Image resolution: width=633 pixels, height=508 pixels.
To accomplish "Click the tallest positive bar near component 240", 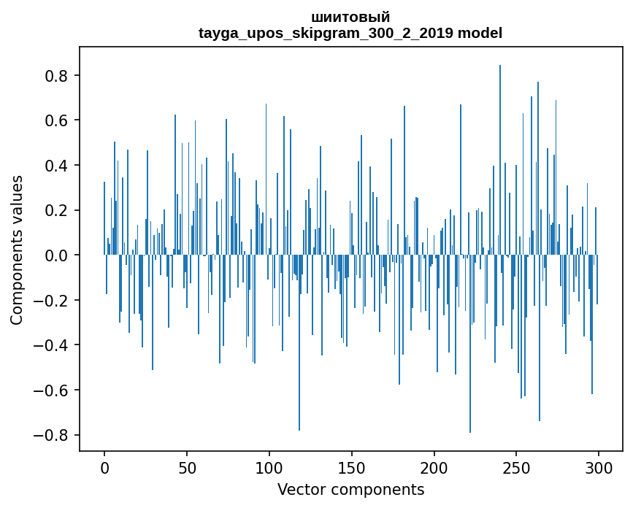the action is pos(500,160).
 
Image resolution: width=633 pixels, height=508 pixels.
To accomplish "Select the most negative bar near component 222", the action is pos(470,344).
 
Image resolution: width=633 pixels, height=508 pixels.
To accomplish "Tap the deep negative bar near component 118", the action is pos(299,342).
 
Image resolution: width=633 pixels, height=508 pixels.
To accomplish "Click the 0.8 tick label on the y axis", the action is pos(56,76).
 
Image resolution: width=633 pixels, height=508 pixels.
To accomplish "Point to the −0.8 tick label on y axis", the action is pos(51,435).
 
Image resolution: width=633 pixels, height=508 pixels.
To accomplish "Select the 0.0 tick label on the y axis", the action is pos(56,255).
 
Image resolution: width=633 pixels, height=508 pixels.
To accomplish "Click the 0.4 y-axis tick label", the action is pos(56,166).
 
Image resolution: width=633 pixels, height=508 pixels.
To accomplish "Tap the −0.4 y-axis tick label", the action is pos(51,345).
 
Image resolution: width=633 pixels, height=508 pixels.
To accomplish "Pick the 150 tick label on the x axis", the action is pos(351,468).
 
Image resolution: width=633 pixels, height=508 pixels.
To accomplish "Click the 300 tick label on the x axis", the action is pos(598,468).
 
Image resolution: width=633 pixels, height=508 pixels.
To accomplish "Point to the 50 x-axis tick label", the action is pos(187,468).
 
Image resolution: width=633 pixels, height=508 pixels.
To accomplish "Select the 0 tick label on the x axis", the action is pos(104,468).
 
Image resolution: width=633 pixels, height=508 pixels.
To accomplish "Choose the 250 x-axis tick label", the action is pos(516,468).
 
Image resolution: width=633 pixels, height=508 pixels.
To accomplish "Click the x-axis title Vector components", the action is pos(350,490).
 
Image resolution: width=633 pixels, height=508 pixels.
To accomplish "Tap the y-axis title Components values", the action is pos(17,250).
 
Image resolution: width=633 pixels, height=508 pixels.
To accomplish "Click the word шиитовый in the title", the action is pos(350,18).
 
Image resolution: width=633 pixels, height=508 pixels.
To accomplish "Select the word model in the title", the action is pos(480,33).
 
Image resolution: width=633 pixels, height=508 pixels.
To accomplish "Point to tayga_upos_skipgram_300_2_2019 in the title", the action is pos(326,34).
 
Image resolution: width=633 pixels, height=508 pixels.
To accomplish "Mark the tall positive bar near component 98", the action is pos(266,179).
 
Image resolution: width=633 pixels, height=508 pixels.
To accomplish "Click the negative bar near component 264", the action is pos(540,338).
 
